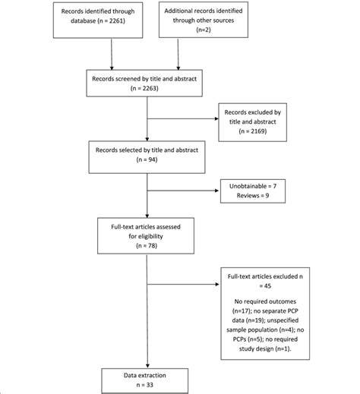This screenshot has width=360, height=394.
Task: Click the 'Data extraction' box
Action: point(145,379)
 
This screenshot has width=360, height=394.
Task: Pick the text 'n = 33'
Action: point(145,384)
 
